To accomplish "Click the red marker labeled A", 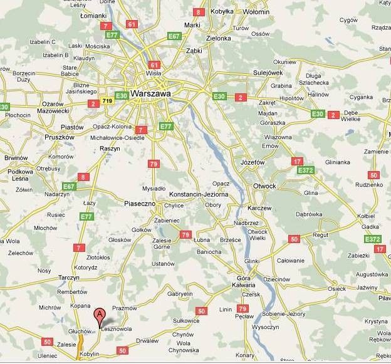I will coord(98,315).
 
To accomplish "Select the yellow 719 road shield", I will coord(107,100).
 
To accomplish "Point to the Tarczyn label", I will coord(72,277).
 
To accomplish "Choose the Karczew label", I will coord(259,207).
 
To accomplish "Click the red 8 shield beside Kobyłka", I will coord(199,12).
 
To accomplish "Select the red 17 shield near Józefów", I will coord(297,161).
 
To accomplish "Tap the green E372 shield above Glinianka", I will coord(306,170).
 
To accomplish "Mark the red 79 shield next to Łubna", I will coord(185,234).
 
